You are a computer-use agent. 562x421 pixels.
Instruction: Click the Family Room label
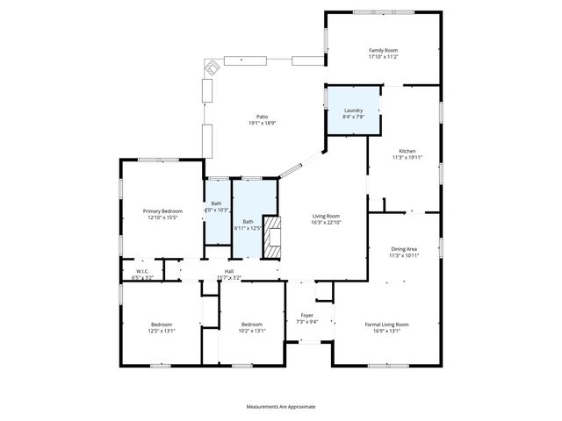382,51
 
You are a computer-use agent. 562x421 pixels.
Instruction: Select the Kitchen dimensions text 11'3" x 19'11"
407,158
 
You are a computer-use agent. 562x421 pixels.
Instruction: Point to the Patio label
262,117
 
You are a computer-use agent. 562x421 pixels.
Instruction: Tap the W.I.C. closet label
141,271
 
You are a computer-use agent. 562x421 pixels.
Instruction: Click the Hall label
229,272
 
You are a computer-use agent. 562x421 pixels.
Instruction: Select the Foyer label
306,315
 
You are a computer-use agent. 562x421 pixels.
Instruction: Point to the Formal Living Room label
387,325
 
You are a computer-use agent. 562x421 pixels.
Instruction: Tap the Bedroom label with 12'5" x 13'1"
161,325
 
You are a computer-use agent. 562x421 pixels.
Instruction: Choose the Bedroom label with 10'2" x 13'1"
253,325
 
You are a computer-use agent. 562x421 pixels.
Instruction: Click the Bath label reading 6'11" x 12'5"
248,222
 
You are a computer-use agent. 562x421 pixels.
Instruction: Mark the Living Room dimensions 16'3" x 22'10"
327,222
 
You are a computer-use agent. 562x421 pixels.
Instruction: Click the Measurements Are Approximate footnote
280,406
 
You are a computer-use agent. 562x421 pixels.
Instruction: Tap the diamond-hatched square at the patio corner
212,67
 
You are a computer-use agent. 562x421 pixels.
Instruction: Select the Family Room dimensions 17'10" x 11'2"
382,57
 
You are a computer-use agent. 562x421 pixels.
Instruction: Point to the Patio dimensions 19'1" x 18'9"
262,123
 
